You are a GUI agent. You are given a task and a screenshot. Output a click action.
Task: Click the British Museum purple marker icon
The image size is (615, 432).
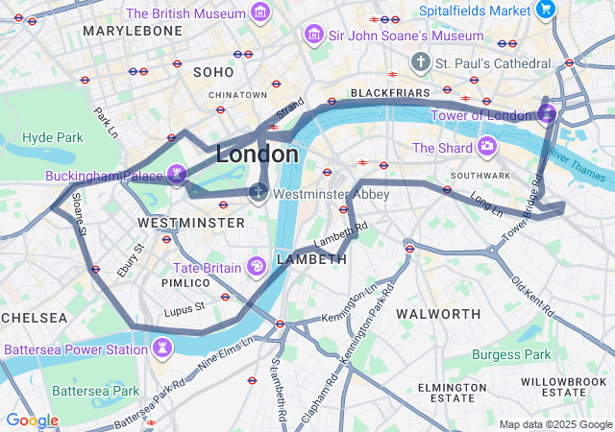pyautogui.click(x=259, y=13)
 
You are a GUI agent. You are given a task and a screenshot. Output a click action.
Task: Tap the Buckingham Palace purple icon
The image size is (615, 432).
pyautogui.click(x=176, y=174)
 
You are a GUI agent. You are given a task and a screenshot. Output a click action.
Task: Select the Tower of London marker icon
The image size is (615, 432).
pyautogui.click(x=546, y=115)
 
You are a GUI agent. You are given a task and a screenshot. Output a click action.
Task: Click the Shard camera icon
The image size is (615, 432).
pyautogui.click(x=487, y=147)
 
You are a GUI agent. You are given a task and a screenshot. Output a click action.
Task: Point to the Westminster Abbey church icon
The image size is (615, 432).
pyautogui.click(x=258, y=193)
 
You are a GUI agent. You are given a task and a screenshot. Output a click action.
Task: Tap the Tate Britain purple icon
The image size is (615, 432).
pyautogui.click(x=256, y=265)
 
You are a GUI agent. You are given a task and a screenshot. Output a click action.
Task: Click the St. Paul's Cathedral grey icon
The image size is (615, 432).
pyautogui.click(x=419, y=62)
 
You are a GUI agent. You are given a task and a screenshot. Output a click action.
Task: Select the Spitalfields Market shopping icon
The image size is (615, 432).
pyautogui.click(x=546, y=10)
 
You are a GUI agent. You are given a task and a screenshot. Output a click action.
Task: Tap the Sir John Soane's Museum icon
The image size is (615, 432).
pyautogui.click(x=312, y=36)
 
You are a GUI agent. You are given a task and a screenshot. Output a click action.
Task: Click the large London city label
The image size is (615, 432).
pyautogui.click(x=257, y=154)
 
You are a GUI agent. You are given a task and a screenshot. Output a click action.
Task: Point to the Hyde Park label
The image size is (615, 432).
pyautogui.click(x=53, y=137)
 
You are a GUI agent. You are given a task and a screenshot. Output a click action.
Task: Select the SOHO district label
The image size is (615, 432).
pyautogui.click(x=212, y=72)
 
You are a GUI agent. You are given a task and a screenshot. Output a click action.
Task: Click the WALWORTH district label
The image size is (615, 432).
pyautogui.click(x=438, y=314)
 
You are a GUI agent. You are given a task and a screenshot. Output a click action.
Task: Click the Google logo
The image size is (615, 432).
pyautogui.click(x=31, y=420)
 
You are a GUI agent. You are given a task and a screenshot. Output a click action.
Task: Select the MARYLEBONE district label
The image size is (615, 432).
pyautogui.click(x=133, y=31)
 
